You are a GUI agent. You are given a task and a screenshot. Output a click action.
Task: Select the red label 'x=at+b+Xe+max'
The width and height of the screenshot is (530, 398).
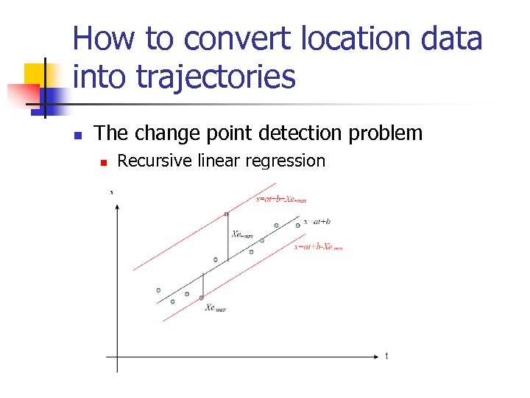pyautogui.click(x=281, y=199)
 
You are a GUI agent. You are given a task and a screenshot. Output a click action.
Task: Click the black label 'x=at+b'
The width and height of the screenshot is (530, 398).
pyautogui.click(x=317, y=221)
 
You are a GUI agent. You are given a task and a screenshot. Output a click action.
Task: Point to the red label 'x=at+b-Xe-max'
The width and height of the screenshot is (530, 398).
pyautogui.click(x=319, y=248)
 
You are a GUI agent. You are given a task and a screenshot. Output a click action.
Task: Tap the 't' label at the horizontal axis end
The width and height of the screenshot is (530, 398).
pyautogui.click(x=387, y=357)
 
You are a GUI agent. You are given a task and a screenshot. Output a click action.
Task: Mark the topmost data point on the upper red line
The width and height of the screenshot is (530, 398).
pyautogui.click(x=227, y=214)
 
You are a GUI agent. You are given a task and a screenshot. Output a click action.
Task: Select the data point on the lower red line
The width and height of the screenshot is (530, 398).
pyautogui.click(x=202, y=298)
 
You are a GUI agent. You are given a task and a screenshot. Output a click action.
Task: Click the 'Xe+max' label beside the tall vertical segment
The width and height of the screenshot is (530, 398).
pyautogui.click(x=242, y=234)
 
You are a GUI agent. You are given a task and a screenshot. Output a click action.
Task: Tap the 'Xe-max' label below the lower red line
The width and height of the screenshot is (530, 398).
pyautogui.click(x=216, y=308)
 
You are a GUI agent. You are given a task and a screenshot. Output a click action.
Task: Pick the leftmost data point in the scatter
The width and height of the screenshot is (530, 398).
pyautogui.click(x=158, y=290)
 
